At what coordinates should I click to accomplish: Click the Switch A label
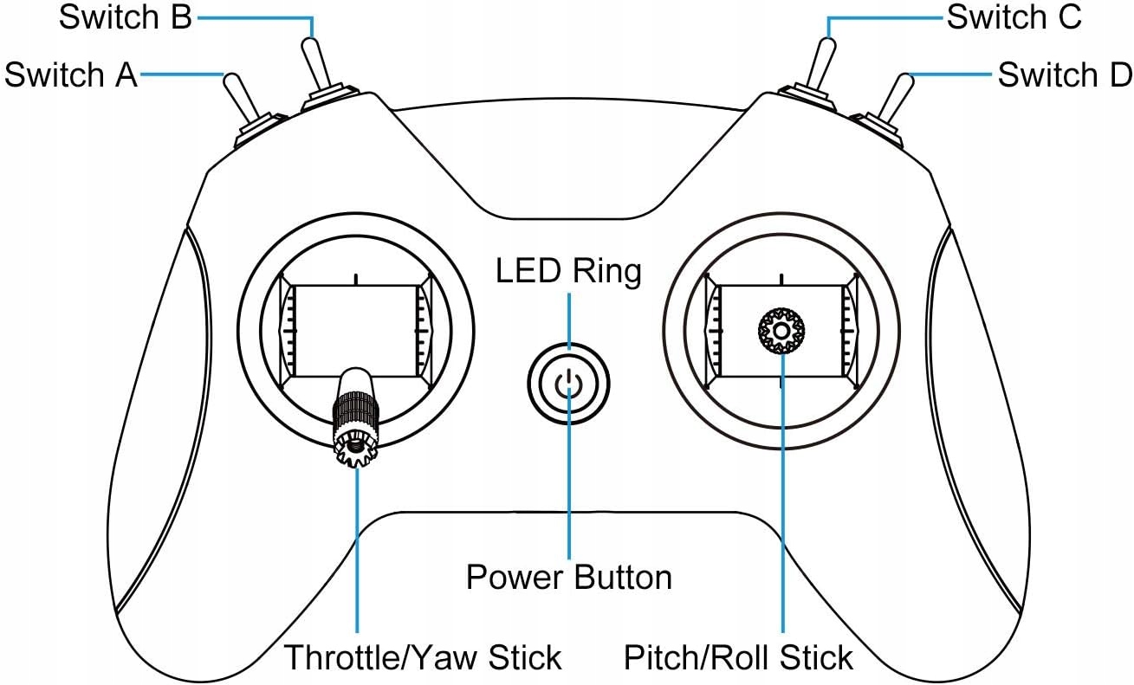click(x=71, y=75)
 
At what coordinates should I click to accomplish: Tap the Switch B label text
click(x=125, y=18)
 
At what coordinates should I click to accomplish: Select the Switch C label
click(x=1014, y=18)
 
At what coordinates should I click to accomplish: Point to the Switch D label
click(x=1065, y=75)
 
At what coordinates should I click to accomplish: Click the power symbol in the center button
click(x=568, y=382)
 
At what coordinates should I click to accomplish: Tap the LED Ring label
click(x=568, y=271)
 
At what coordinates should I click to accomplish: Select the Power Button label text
click(x=568, y=577)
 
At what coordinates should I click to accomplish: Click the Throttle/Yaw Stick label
click(x=423, y=658)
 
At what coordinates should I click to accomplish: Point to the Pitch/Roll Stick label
click(x=738, y=658)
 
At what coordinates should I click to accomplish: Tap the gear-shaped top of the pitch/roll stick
click(x=781, y=331)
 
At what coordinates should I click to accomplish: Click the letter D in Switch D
click(x=1118, y=75)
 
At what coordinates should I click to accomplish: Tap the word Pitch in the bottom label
click(x=655, y=658)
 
